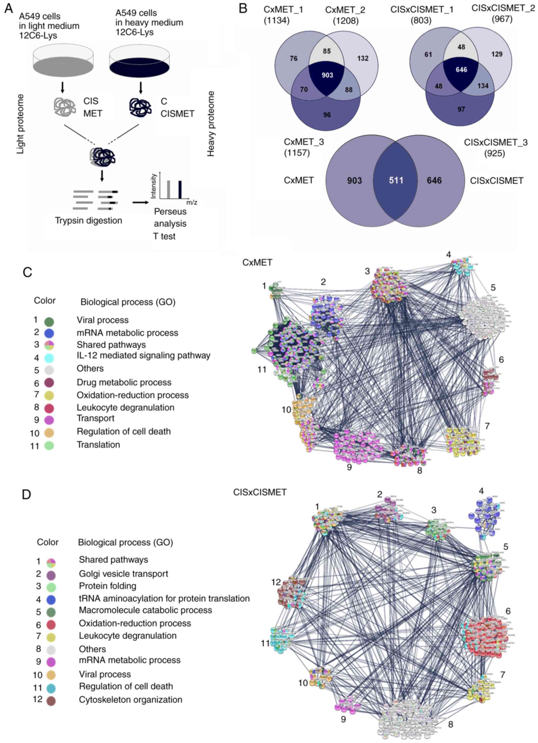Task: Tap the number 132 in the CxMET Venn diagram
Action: click(x=363, y=58)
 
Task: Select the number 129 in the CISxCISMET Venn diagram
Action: click(x=497, y=54)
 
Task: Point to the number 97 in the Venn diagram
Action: click(x=461, y=109)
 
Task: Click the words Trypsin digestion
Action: click(x=88, y=221)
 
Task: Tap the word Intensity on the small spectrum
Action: click(x=153, y=186)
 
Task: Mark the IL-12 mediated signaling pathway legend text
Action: click(x=143, y=355)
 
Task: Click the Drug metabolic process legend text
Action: click(x=124, y=382)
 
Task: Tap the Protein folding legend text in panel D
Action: click(x=107, y=586)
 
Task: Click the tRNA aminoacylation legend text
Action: click(x=164, y=598)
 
